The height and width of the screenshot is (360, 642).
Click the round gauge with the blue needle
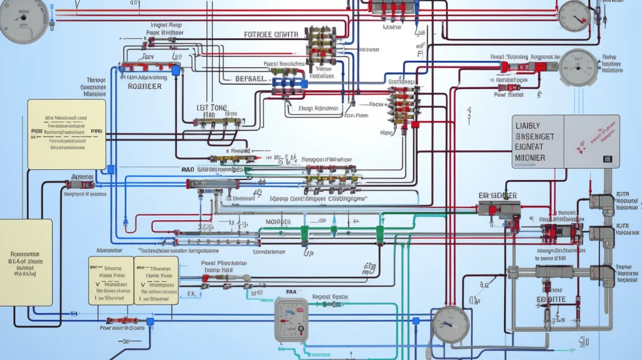pyautogui.click(x=450, y=324)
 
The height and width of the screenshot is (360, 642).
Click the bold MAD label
pyautogui.click(x=187, y=169)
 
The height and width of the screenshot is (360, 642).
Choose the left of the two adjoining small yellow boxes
pyautogui.click(x=110, y=280)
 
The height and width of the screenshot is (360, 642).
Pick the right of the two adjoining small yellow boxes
pyautogui.click(x=156, y=280)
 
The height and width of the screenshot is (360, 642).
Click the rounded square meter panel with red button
pyautogui.click(x=292, y=319)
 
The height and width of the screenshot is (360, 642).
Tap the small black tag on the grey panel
pyautogui.click(x=607, y=159)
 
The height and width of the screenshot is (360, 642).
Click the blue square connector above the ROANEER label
pyautogui.click(x=177, y=71)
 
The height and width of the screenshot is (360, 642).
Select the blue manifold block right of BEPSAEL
pyautogui.click(x=289, y=82)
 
